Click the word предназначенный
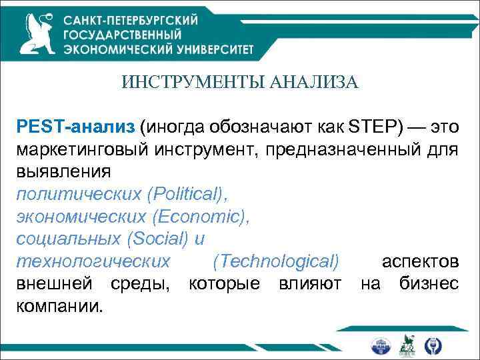(x=341, y=149)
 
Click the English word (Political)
(x=188, y=193)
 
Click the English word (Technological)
(x=275, y=261)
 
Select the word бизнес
(x=428, y=283)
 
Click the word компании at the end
(x=60, y=306)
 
